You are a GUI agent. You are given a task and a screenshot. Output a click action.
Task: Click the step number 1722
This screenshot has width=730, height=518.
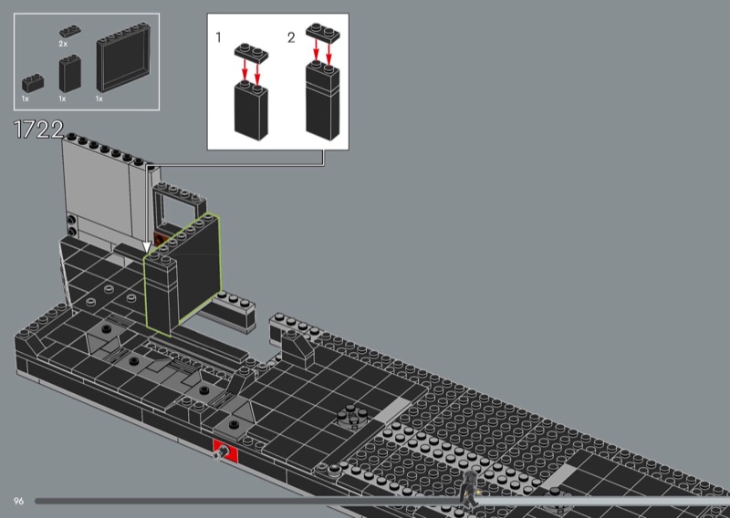(38, 129)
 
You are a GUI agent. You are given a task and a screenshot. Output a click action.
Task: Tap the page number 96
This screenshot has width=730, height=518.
(18, 501)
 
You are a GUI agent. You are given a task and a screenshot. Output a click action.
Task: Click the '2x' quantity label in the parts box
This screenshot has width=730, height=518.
(63, 44)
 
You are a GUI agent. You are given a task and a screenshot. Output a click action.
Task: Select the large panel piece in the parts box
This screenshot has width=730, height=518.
(123, 57)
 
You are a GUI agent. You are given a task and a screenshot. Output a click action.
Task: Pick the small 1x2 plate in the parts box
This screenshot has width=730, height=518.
(70, 31)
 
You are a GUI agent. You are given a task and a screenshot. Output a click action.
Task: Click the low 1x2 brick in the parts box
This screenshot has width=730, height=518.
(33, 83)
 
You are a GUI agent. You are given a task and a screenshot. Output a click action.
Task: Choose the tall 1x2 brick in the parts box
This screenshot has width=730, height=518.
(70, 73)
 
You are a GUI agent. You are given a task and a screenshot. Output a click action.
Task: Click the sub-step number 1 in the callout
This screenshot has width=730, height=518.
(218, 37)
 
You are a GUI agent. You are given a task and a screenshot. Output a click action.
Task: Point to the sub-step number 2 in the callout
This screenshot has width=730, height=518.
(291, 37)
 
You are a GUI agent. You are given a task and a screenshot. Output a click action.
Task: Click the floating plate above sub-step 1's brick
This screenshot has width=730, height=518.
(252, 53)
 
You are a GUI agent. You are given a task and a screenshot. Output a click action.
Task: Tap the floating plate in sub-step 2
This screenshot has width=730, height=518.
(323, 33)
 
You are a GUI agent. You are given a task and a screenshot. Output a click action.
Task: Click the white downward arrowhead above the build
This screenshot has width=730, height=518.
(147, 247)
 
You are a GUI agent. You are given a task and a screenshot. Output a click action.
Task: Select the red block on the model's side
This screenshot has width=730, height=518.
(225, 451)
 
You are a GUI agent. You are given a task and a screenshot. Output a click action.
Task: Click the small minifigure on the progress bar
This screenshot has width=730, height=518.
(469, 490)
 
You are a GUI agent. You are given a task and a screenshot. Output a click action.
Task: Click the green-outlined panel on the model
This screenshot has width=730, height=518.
(182, 274)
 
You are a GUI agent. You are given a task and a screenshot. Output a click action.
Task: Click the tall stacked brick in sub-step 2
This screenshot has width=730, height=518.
(323, 100)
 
